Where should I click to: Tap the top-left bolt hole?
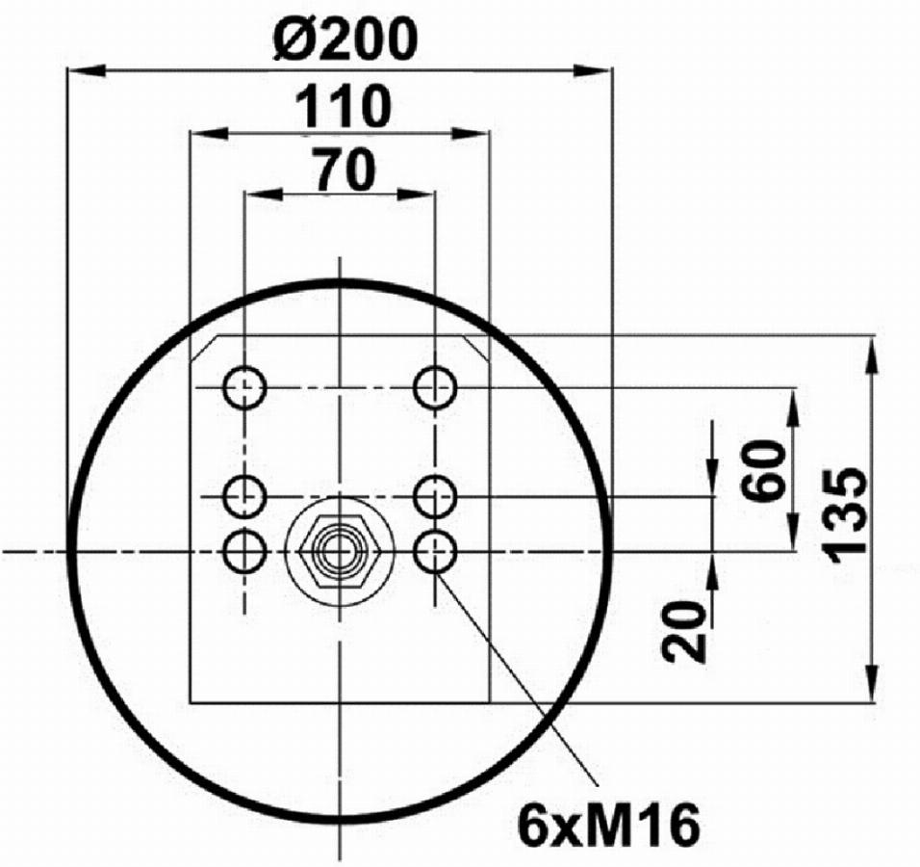[244, 387]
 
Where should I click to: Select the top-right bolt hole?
[435, 387]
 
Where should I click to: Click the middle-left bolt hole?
[244, 497]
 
